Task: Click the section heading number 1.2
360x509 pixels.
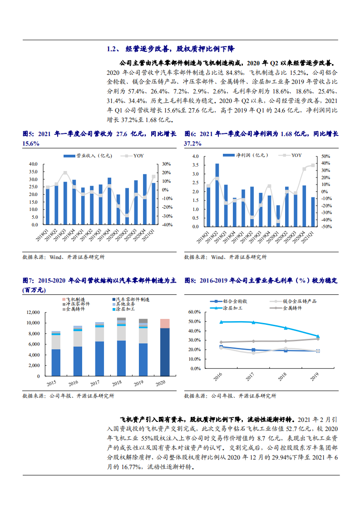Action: pyautogui.click(x=112, y=49)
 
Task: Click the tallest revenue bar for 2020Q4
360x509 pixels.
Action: pyautogui.click(x=145, y=199)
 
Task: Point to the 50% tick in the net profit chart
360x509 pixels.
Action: pyautogui.click(x=326, y=156)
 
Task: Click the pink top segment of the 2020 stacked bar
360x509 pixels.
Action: pyautogui.click(x=165, y=323)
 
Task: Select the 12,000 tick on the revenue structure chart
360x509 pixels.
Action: pyautogui.click(x=33, y=313)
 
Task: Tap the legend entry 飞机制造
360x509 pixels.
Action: pyautogui.click(x=75, y=300)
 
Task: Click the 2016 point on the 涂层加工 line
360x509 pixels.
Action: pyautogui.click(x=221, y=322)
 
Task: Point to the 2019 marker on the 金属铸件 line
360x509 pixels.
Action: pyautogui.click(x=317, y=339)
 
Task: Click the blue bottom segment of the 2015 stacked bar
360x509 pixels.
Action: pyautogui.click(x=56, y=362)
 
